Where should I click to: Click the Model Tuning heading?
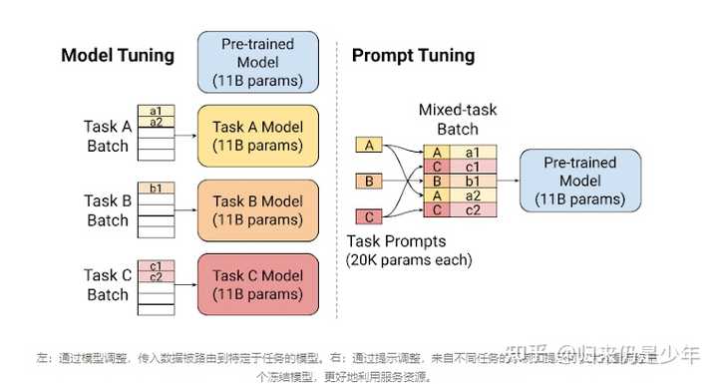tap(118, 56)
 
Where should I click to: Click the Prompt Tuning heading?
tap(413, 56)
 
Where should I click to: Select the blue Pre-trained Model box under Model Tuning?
tap(258, 61)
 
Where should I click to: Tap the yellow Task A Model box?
tap(258, 136)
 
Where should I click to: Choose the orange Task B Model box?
tap(258, 209)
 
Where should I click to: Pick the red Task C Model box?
tap(258, 284)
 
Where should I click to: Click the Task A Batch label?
tap(108, 137)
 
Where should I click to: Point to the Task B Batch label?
tap(108, 210)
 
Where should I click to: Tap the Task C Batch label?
tap(108, 285)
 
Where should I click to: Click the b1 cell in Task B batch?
tap(156, 188)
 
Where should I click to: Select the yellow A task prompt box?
tap(370, 146)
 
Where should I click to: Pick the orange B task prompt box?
tap(370, 182)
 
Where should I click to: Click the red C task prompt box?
tap(370, 216)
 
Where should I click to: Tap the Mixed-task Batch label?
tap(457, 119)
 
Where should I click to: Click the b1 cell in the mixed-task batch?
tap(472, 182)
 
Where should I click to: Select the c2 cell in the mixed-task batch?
tap(472, 210)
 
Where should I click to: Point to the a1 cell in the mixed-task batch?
tap(472, 153)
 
